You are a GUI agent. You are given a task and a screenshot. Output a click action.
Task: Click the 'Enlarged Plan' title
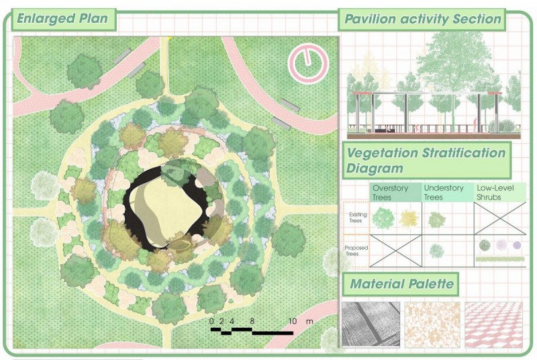(62, 18)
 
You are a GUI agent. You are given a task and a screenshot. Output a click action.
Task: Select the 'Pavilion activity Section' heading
(423, 19)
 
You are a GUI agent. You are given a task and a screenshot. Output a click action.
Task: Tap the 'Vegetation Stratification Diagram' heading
(426, 161)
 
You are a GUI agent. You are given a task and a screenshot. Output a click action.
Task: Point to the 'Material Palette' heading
(401, 283)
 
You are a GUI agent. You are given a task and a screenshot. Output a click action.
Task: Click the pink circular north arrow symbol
(308, 64)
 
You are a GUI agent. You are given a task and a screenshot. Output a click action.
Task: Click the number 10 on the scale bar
(292, 321)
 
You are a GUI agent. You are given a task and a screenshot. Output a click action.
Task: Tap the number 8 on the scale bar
(252, 321)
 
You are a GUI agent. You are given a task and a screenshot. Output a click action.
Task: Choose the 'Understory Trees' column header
(444, 193)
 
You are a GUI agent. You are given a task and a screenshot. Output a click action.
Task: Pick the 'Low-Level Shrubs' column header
(496, 193)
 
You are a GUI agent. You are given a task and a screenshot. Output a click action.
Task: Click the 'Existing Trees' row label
(358, 218)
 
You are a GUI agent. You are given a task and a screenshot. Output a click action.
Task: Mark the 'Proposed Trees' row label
(356, 251)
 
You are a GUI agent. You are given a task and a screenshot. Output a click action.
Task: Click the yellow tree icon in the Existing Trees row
(409, 218)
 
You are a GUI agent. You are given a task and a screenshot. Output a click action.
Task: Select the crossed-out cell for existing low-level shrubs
(500, 218)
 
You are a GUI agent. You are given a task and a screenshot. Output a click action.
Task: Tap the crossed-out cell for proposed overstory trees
(396, 251)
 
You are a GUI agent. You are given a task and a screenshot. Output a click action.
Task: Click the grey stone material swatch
(371, 324)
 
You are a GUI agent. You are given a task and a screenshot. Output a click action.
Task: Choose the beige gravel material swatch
(432, 324)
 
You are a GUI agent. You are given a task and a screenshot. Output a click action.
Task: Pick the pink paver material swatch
(493, 324)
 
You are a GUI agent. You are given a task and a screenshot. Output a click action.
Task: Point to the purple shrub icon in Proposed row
(517, 245)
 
